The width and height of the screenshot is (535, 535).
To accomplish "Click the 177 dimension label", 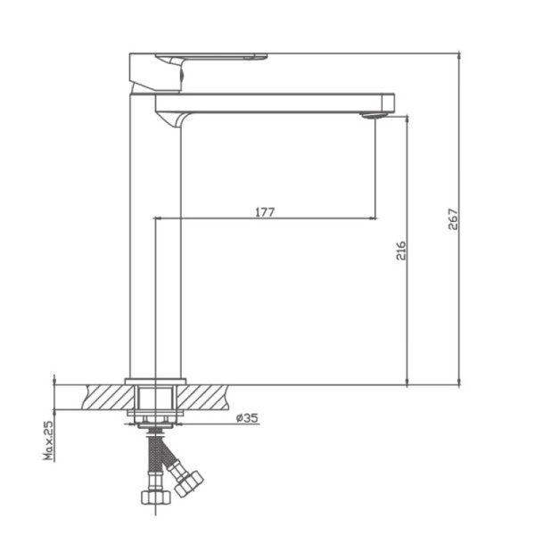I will pos(264,211).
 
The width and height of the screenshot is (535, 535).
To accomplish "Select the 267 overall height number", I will pos(452,219).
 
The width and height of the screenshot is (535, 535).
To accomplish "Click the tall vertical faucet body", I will pos(156,267).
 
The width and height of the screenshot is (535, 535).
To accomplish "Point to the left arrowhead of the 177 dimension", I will pos(159,218).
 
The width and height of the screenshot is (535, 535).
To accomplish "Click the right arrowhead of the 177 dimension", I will pos(371,218).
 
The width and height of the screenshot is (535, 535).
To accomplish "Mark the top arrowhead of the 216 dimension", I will pos(407,119).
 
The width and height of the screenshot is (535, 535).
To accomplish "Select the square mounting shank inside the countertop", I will pos(156,397).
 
